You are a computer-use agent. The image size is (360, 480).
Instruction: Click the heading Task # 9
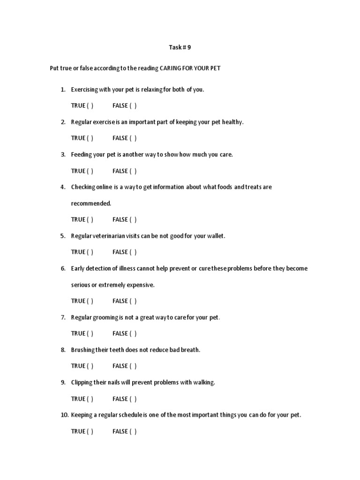coord(180,47)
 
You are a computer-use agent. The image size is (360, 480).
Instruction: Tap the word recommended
coord(91,203)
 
